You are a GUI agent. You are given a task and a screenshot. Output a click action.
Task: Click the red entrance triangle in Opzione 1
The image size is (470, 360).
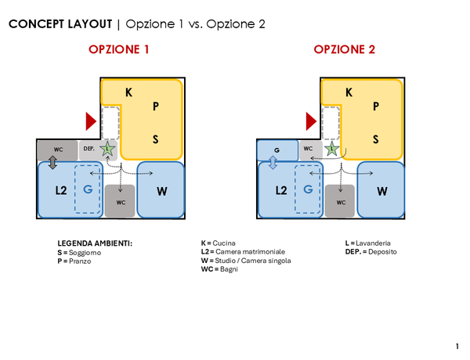click(91, 121)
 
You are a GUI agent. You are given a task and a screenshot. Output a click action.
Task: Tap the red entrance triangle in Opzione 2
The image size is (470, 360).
click(312, 121)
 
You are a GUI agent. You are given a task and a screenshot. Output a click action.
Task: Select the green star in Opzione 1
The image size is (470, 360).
click(107, 149)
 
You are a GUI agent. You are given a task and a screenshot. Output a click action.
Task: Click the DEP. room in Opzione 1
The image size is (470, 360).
click(89, 149)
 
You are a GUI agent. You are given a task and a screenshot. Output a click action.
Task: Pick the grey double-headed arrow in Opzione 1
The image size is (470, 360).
click(52, 162)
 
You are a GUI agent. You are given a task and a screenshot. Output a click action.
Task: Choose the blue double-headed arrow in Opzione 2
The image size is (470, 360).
click(273, 162)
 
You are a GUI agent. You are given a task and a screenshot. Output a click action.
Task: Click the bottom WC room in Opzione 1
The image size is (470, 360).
click(121, 201)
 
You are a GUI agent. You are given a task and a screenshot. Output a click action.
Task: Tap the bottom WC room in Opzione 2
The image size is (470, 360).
click(341, 201)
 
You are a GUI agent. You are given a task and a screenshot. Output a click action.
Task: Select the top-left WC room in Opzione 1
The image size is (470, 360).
click(58, 149)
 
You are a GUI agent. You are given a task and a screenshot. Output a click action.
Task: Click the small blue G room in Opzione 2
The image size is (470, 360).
click(278, 149)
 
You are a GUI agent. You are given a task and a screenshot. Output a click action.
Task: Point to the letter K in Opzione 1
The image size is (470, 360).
click(128, 92)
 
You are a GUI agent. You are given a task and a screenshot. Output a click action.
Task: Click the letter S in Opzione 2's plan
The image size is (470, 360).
click(376, 139)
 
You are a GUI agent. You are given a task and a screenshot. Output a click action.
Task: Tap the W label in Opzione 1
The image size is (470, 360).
click(161, 190)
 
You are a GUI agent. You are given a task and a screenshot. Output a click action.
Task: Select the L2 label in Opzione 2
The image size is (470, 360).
click(280, 190)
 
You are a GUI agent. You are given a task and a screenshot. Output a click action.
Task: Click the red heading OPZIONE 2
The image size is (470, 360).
click(345, 49)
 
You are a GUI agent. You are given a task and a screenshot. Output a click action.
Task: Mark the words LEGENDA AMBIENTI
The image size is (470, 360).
click(95, 243)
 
